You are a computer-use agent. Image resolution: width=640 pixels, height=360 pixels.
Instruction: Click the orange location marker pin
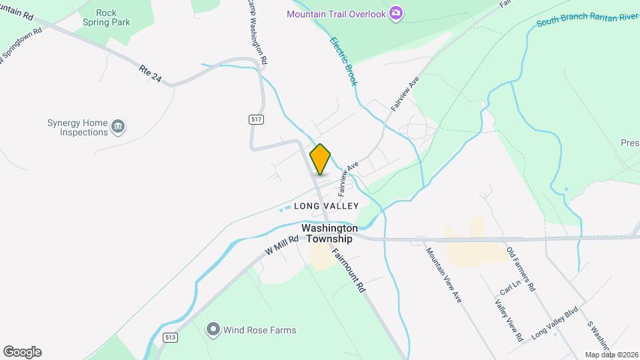[x=320, y=159]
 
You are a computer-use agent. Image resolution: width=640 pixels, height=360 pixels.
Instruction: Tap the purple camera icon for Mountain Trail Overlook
[x=396, y=13]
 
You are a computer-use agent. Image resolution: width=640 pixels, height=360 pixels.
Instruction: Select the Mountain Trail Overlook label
[x=337, y=14]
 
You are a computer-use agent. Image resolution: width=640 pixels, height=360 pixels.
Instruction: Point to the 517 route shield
[x=257, y=119]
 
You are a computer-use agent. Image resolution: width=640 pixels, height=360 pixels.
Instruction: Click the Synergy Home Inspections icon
[x=118, y=126]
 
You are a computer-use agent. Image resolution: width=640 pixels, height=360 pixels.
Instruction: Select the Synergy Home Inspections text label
[x=77, y=127]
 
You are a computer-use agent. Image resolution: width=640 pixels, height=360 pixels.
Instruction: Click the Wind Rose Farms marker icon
[x=213, y=329]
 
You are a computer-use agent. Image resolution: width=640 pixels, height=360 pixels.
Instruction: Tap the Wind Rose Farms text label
[x=260, y=330]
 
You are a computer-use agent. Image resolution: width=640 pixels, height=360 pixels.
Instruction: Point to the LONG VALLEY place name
[x=327, y=206]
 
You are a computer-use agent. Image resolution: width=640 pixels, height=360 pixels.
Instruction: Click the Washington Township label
[x=327, y=233]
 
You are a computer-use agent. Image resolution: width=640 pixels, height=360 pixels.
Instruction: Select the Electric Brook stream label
[x=344, y=61]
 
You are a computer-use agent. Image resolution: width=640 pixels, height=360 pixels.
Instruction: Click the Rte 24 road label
[x=151, y=73]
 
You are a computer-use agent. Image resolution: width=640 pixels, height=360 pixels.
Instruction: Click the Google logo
[x=22, y=352]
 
